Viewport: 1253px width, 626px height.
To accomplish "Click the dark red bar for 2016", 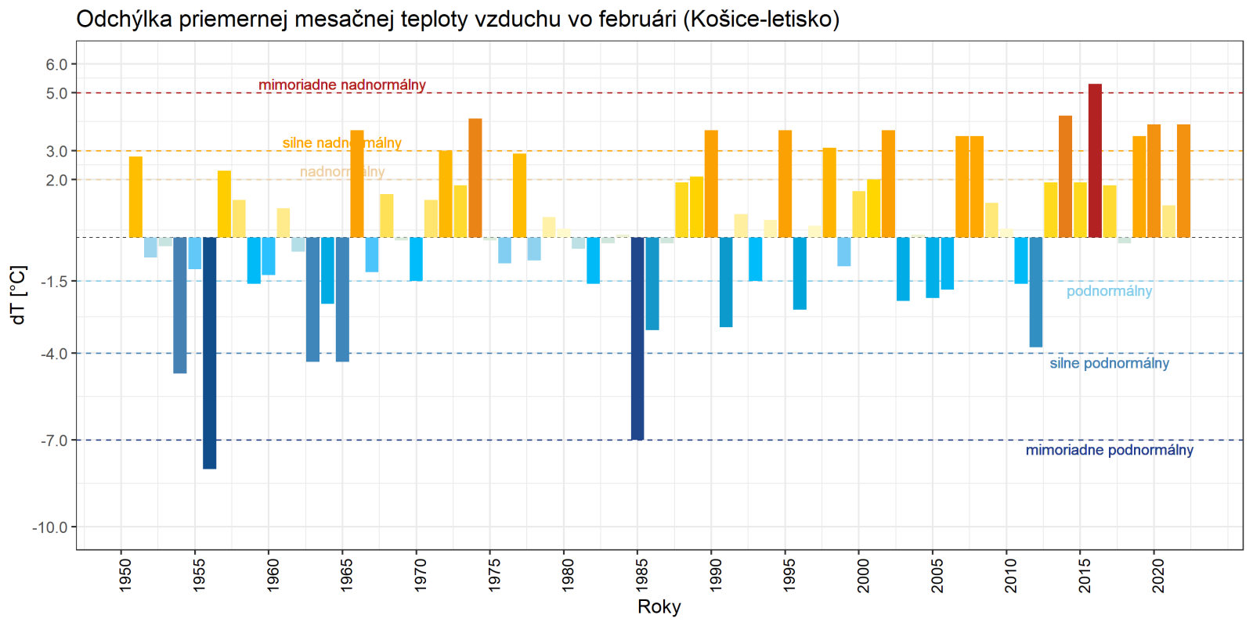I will coord(1095,160).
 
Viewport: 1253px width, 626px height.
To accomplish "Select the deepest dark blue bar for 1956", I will coord(209,352).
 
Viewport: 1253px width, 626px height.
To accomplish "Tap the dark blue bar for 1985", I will coord(637,338).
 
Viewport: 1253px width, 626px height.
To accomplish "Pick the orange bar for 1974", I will coord(475,178).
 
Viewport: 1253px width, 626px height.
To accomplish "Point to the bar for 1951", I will coord(135,196).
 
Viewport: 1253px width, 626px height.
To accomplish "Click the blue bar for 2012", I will coord(1036,292).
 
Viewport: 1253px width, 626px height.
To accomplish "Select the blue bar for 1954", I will coord(180,305).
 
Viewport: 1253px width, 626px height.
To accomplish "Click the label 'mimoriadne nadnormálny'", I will coord(342,85).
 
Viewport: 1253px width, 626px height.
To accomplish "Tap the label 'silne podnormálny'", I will coord(1109,363).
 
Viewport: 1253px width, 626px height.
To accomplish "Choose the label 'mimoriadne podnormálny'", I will coord(1109,450).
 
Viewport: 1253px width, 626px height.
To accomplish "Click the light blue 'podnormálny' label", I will coord(1109,291).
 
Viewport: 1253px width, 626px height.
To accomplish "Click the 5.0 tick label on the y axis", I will coord(56,93).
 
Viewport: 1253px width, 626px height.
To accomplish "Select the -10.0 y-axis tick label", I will coord(51,527).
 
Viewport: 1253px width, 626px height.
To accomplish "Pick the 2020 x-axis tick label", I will coord(1157,574).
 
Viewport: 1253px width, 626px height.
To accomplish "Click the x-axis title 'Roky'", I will coord(659,606).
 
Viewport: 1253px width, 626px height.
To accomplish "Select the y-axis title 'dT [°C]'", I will coord(19,294).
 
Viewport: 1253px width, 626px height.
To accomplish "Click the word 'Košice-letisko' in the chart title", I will coord(760,19).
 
